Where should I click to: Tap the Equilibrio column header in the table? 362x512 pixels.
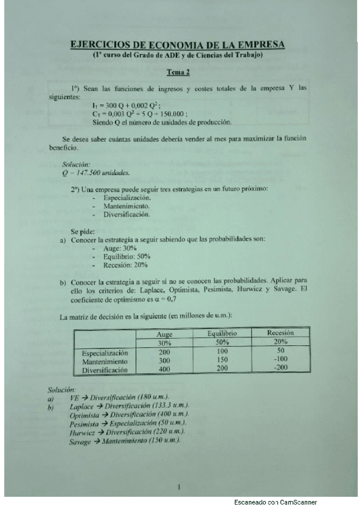[222, 333]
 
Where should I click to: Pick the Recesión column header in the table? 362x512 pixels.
[280, 333]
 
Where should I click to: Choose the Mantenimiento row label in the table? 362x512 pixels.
[106, 360]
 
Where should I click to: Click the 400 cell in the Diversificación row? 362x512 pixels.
[164, 368]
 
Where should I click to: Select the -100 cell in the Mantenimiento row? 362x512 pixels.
[280, 359]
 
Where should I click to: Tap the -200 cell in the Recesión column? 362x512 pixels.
[280, 368]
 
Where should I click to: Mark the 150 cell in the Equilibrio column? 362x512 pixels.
[222, 360]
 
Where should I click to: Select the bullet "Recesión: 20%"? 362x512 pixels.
[125, 264]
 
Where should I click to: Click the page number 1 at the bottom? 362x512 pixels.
[179, 487]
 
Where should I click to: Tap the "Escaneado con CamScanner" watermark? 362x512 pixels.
[276, 502]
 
